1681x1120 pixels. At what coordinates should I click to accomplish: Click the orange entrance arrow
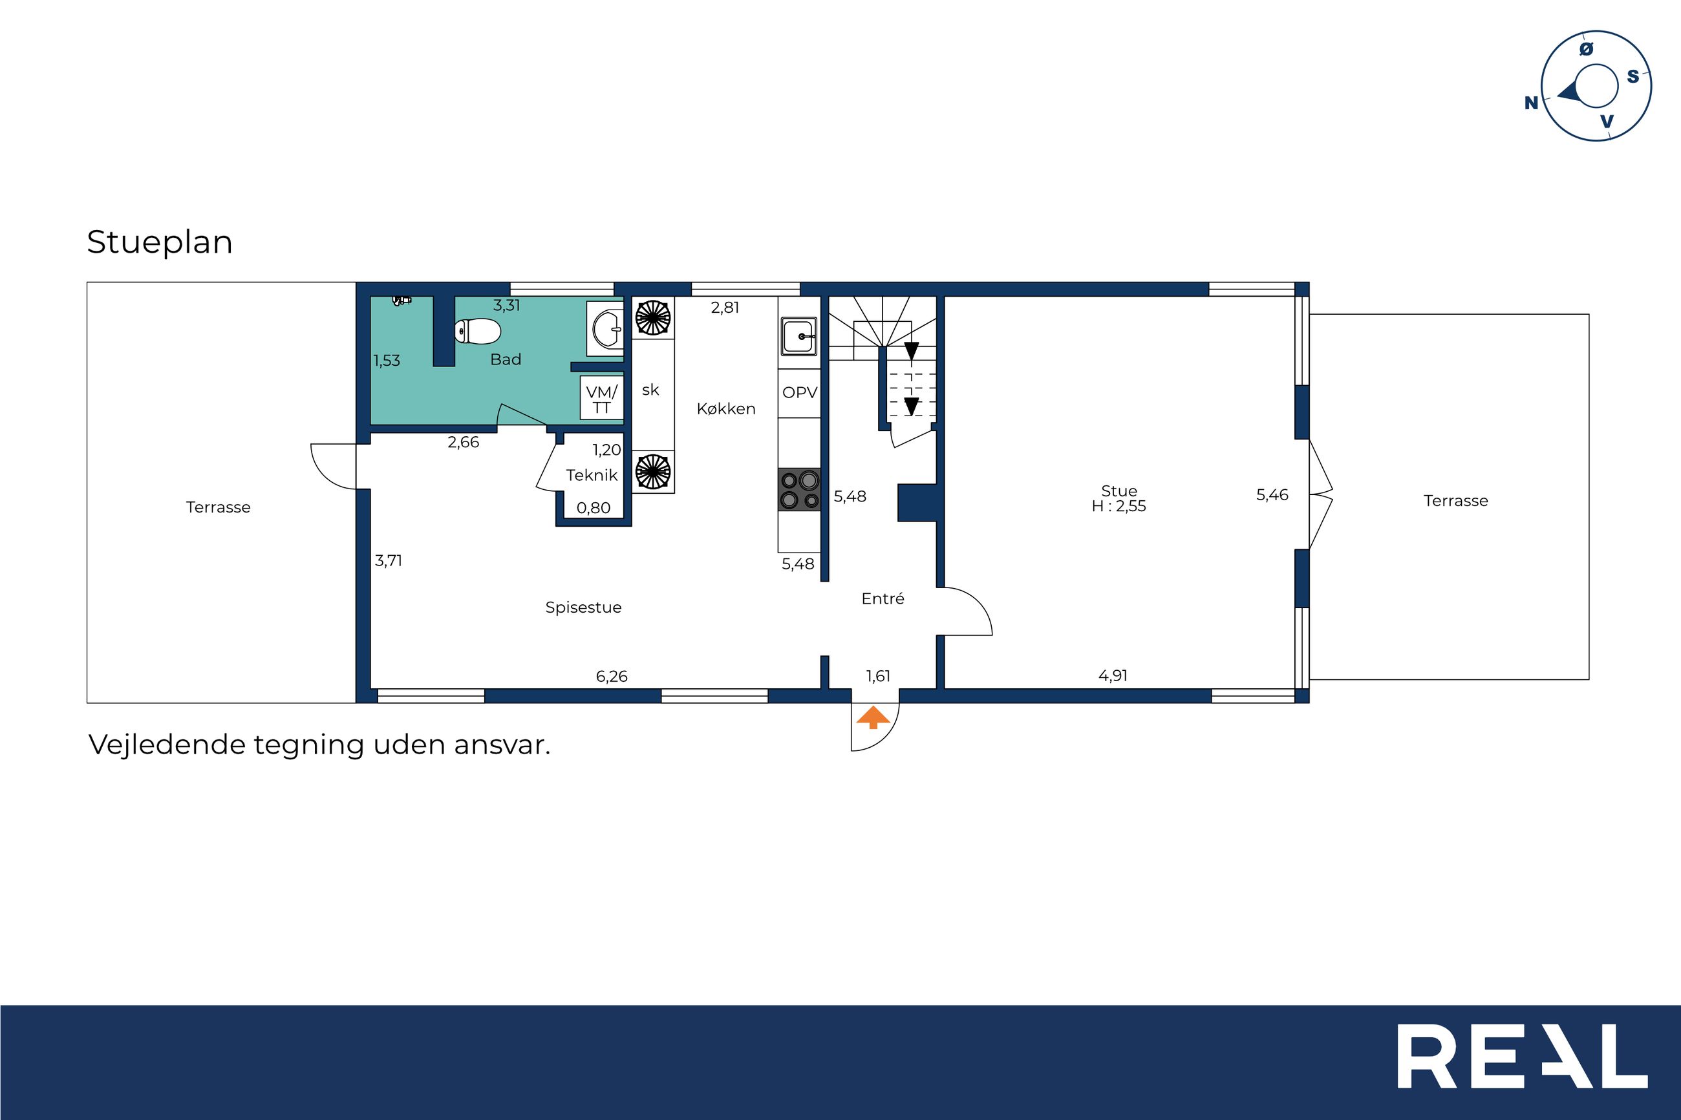873,717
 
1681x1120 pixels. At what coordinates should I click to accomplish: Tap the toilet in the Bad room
478,332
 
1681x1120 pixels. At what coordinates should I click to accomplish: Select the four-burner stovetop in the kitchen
799,490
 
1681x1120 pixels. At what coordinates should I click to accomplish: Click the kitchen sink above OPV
799,335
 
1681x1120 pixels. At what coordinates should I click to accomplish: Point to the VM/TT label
601,399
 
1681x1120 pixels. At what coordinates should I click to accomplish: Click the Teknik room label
592,475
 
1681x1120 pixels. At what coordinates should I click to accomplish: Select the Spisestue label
583,607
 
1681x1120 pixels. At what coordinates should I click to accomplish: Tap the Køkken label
726,408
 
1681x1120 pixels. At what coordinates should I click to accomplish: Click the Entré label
883,598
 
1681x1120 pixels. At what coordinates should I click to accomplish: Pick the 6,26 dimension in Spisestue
612,677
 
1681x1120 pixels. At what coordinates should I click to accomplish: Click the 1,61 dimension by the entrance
878,676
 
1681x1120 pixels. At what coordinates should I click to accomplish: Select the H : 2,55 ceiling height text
1119,507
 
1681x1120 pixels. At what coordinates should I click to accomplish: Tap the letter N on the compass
1531,103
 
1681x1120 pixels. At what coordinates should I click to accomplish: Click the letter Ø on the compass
1586,48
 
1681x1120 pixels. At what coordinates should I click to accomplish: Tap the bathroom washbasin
606,328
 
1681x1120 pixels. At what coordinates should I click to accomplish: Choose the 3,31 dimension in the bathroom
506,306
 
